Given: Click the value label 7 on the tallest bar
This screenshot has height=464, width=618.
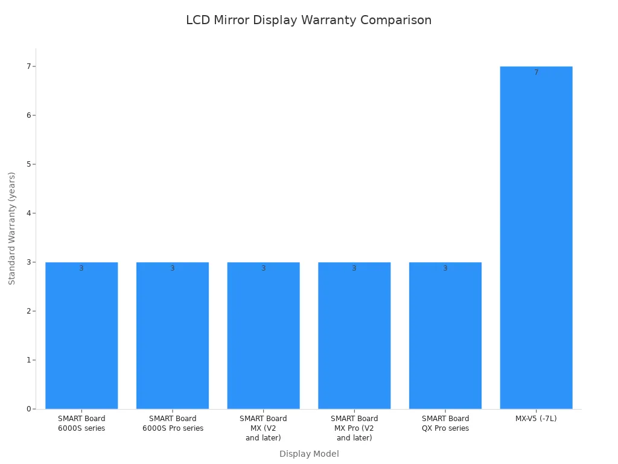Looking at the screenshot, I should [536, 72].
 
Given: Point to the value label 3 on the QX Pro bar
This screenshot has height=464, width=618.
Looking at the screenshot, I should [445, 268].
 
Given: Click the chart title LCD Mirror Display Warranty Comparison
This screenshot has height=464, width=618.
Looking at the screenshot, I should [308, 20].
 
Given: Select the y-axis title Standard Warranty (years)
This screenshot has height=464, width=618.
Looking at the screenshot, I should [12, 228].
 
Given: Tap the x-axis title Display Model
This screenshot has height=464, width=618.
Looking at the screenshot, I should [309, 454].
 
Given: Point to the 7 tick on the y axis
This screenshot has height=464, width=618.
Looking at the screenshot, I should [28, 66].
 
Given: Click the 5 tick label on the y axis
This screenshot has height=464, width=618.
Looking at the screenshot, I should [28, 164].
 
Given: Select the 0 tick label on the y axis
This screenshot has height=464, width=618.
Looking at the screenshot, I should [28, 409].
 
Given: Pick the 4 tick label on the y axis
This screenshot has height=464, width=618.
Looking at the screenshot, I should [28, 213].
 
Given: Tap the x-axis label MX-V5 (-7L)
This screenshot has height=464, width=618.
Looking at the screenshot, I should [536, 419].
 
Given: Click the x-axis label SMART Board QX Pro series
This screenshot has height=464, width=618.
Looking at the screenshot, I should [445, 424].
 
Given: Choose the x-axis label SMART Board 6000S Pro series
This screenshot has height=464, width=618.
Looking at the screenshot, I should [173, 424].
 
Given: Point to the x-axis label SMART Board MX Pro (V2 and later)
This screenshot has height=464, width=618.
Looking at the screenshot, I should [354, 428].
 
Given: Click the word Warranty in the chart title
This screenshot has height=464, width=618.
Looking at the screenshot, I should [329, 20].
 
